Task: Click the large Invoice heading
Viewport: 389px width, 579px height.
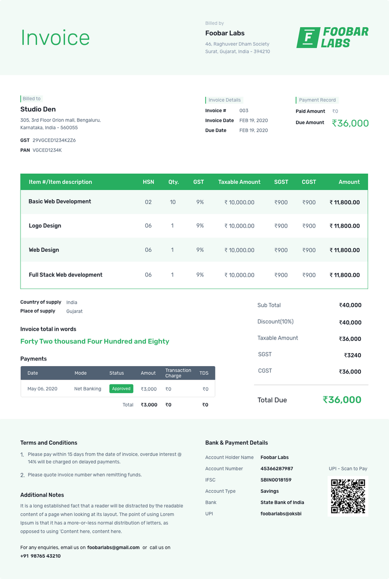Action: [x=55, y=38]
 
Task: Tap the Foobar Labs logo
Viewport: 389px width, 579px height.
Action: [x=332, y=38]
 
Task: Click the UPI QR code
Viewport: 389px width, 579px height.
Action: [x=348, y=496]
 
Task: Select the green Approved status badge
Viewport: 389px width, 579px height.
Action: [x=121, y=389]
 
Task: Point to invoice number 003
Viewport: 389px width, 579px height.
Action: [x=244, y=111]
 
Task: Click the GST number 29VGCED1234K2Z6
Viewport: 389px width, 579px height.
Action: [x=54, y=140]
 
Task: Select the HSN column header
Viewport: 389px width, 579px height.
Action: [x=148, y=182]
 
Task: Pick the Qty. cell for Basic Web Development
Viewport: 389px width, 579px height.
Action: [x=173, y=202]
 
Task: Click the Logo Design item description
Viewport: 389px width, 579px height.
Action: [x=45, y=226]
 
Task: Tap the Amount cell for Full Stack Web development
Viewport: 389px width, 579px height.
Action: [x=345, y=275]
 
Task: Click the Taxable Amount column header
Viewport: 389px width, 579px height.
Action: [x=239, y=182]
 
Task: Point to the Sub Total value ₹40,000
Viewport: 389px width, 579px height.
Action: [x=350, y=306]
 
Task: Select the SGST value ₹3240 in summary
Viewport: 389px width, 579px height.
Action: [x=353, y=355]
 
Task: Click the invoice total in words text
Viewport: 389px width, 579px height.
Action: [x=95, y=341]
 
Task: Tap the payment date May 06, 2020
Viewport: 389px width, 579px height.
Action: [x=42, y=389]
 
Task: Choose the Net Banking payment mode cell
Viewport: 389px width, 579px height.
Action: [x=87, y=389]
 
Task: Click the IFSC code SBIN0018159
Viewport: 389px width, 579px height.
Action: [x=276, y=480]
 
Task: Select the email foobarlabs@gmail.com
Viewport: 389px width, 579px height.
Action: [x=113, y=547]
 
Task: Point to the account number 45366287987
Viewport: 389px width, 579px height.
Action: [x=277, y=468]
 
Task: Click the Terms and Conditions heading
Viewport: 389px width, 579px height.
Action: [x=49, y=443]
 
